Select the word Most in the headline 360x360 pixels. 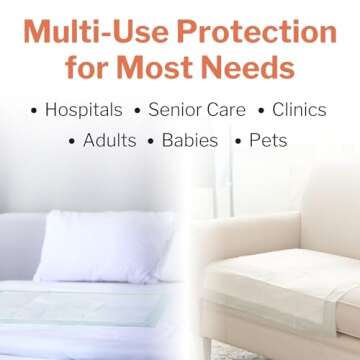(179, 68)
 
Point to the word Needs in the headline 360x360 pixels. (254, 68)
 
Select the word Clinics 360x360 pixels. (299, 110)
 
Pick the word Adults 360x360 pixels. (109, 140)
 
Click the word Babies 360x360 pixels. (189, 140)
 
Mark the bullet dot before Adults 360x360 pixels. (72, 141)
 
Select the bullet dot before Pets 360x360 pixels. (239, 141)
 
